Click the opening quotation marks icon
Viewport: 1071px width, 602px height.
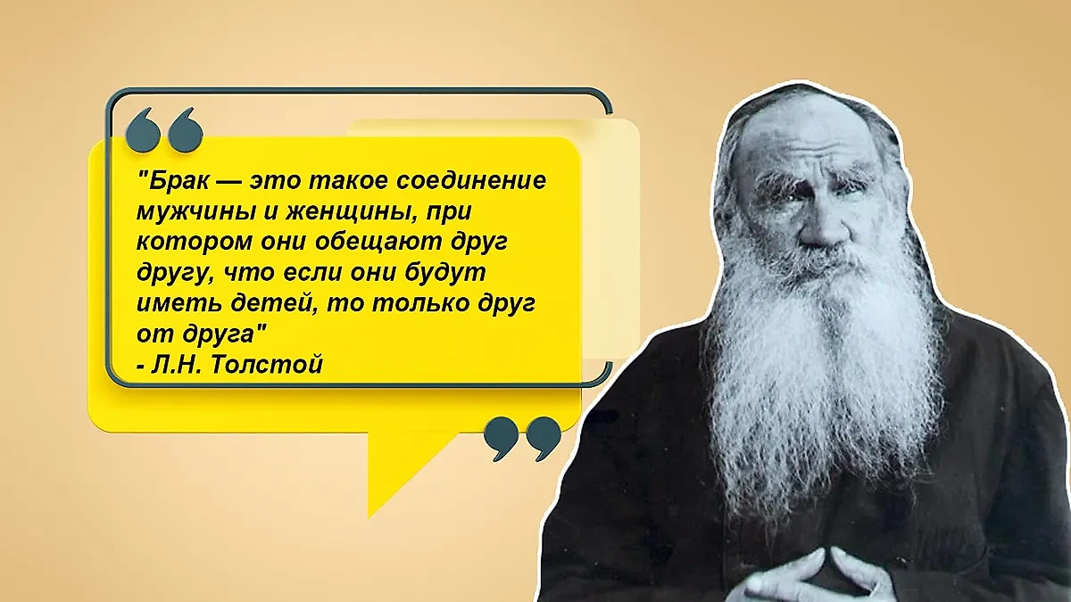164,130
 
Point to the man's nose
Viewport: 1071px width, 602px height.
818,216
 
